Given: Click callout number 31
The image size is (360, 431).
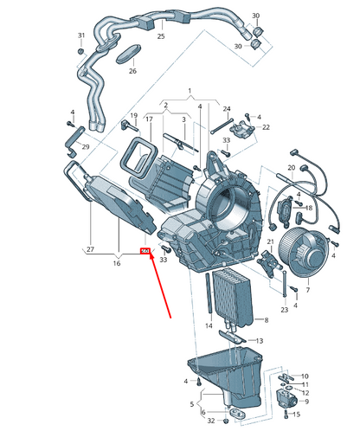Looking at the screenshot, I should point(80,35).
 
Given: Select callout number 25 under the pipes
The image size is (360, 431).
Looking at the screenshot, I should point(161,36).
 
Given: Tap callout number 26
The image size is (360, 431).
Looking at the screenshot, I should point(132,71).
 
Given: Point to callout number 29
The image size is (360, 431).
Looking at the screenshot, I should point(86,148).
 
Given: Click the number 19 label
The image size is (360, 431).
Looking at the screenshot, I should point(134,116).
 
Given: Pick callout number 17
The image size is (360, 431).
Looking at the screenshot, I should point(149,119).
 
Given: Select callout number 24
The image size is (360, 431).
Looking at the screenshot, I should point(228,109).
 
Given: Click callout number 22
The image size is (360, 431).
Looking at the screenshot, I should point(267,127).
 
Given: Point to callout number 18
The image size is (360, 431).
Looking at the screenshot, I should point(309,209).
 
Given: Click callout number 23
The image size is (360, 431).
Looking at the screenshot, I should point(285,309).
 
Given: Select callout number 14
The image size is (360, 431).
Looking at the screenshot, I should point(208,325).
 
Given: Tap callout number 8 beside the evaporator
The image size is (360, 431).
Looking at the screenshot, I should point(266,320).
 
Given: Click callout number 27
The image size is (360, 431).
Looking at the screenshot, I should point(89,250).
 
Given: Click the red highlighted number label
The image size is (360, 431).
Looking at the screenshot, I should point(145,252).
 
